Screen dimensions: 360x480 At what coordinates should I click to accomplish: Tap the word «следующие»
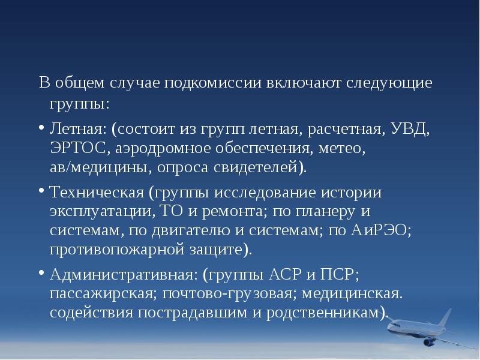389,82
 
